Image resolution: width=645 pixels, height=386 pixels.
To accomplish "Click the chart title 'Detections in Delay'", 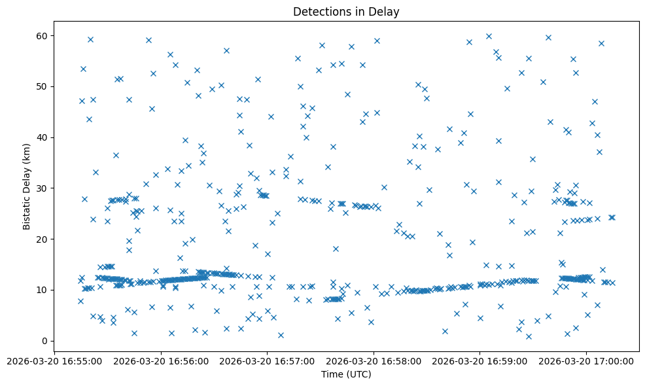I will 346,12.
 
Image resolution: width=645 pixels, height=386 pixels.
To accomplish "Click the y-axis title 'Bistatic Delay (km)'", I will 27,186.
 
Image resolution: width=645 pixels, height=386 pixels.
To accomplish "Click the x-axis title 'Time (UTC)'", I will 346,374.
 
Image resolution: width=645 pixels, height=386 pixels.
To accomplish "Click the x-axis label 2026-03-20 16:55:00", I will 55,360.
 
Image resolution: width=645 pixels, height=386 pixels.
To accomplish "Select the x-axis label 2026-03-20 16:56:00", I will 161,360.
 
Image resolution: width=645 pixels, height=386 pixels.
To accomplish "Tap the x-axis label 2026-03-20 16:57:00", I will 268,360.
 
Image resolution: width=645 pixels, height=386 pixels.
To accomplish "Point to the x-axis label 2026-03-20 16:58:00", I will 374,360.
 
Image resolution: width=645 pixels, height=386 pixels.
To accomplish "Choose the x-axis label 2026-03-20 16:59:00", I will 480,360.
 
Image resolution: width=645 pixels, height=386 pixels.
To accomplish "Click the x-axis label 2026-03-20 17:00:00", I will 587,360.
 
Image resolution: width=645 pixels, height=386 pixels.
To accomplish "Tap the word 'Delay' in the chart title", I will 386,12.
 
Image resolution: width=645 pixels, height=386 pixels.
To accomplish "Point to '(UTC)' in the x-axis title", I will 360,374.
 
